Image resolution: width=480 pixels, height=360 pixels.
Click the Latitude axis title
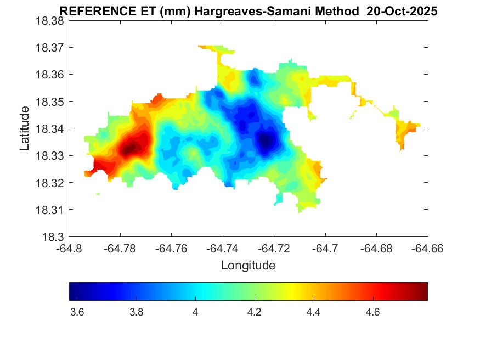(25, 128)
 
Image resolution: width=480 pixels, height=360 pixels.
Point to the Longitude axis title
(248, 266)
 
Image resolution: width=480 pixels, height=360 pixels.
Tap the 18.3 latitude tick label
(53, 237)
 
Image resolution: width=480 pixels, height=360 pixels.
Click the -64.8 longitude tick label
(69, 248)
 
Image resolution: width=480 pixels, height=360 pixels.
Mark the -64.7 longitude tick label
(325, 248)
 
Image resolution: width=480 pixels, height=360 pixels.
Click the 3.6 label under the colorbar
(77, 312)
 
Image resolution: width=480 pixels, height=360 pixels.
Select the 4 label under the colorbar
(195, 312)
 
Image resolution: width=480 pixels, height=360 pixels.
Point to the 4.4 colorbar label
(313, 312)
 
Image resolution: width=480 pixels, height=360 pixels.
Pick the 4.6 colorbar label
(372, 312)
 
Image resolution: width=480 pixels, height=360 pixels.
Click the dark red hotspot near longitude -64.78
(130, 148)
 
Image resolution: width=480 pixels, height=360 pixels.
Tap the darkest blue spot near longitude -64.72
(266, 141)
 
